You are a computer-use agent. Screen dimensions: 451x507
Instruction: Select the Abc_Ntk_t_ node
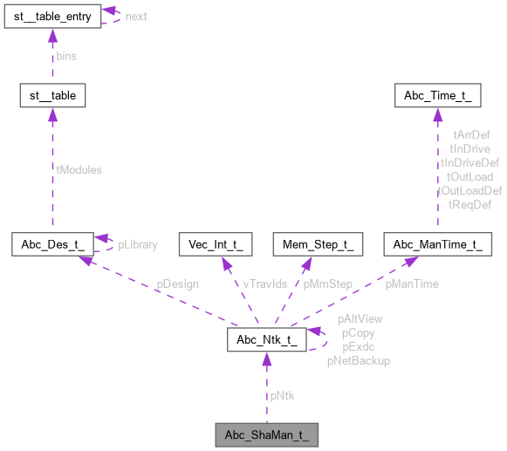pos(265,340)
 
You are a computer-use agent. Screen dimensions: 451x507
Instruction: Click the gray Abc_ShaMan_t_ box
pos(265,433)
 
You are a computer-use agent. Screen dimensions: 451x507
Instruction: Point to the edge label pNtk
pos(282,395)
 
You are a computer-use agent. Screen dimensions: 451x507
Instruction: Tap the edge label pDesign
pos(177,284)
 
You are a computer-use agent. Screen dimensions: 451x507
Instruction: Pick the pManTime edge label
pos(412,284)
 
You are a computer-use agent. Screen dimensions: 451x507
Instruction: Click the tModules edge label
pos(79,169)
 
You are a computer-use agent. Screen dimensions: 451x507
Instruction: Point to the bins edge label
pos(66,55)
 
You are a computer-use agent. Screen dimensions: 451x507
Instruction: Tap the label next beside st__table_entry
pos(136,17)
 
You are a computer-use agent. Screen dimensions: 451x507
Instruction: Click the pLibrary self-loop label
pos(138,244)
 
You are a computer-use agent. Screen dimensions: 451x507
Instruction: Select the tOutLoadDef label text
pos(469,190)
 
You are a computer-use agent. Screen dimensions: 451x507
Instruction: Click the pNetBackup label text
pos(358,359)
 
